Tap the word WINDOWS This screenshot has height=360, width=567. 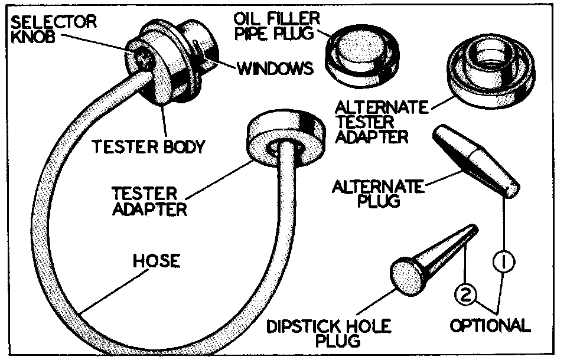point(275,68)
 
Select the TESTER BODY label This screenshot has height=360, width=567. point(148,146)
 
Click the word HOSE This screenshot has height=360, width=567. point(156,260)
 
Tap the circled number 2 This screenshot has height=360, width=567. point(466,292)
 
